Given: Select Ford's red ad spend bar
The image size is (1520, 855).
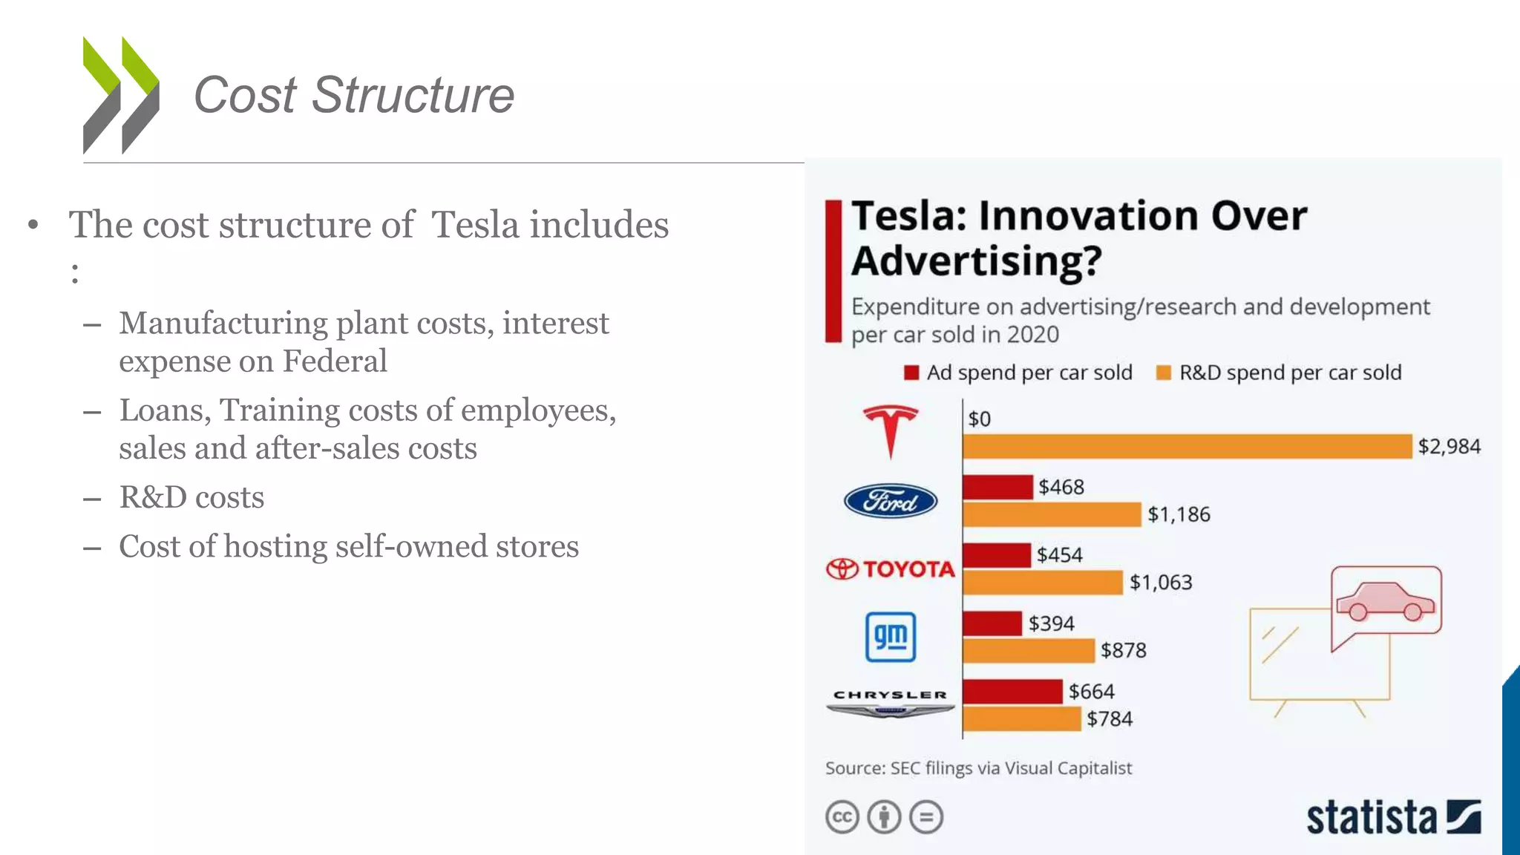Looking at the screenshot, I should click(997, 487).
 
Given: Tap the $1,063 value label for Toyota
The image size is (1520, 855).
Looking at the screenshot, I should click(1161, 583).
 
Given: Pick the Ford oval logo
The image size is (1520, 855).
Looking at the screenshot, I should click(891, 502).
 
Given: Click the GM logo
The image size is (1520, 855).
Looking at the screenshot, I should click(891, 637).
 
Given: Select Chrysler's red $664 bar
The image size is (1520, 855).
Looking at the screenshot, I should click(1012, 692).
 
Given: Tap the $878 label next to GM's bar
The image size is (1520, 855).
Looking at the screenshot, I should click(1123, 651).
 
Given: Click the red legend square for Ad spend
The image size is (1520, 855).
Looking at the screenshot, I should click(911, 373).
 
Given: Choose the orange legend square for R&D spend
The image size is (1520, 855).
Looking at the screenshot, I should click(1163, 373).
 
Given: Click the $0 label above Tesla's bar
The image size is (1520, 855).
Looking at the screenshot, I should click(979, 419).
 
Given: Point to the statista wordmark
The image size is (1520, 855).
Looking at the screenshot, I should click(1372, 818).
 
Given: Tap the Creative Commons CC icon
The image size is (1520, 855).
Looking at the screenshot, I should click(842, 817).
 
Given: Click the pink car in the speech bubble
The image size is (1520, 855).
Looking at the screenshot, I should click(1385, 601).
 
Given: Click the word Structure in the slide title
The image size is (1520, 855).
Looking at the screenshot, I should click(413, 95).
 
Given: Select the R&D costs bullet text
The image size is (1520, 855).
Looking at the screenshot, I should click(191, 497).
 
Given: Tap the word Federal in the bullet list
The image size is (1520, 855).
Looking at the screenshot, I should click(335, 361).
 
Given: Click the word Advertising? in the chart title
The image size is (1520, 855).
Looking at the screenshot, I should click(976, 261).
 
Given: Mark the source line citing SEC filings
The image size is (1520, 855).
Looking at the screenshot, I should click(978, 768).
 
